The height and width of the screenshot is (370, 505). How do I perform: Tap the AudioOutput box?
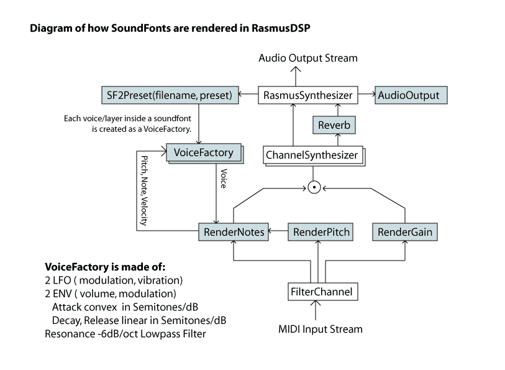[x=407, y=95]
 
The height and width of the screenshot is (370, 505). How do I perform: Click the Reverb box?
[x=334, y=125]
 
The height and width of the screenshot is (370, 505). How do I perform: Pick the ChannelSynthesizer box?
[x=311, y=155]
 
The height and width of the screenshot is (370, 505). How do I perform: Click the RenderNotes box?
[x=234, y=232]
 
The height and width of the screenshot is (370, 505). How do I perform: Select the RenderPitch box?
[x=321, y=232]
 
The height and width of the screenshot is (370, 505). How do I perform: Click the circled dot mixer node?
[x=314, y=187]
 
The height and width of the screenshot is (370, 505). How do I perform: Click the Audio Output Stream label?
[x=308, y=58]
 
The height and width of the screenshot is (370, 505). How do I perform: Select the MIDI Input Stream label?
[x=319, y=328]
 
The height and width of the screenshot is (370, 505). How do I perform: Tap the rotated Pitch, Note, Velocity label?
[x=143, y=190]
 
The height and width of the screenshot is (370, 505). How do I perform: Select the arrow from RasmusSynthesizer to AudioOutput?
[x=366, y=95]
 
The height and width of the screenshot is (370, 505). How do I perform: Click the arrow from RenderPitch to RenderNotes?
[x=277, y=233]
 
